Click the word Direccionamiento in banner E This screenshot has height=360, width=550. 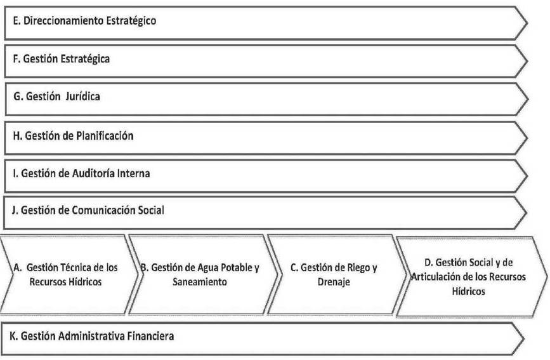click(63, 21)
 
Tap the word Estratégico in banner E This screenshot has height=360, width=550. click(131, 21)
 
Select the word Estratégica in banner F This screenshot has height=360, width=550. click(85, 59)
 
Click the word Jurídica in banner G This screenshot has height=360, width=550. click(82, 97)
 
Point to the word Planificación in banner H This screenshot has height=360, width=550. click(105, 136)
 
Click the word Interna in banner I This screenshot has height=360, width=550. click(133, 173)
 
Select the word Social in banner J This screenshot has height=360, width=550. click(151, 210)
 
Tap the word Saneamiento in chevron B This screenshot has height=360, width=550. click(200, 282)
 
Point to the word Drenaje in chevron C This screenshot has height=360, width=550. click(334, 283)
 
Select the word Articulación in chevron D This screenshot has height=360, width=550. click(435, 277)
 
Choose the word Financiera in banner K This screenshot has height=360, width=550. click(150, 336)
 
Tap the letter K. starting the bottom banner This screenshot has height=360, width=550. click(14, 336)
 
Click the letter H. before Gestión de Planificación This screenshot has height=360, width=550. click(18, 136)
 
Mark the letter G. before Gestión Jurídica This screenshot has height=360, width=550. click(18, 97)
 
